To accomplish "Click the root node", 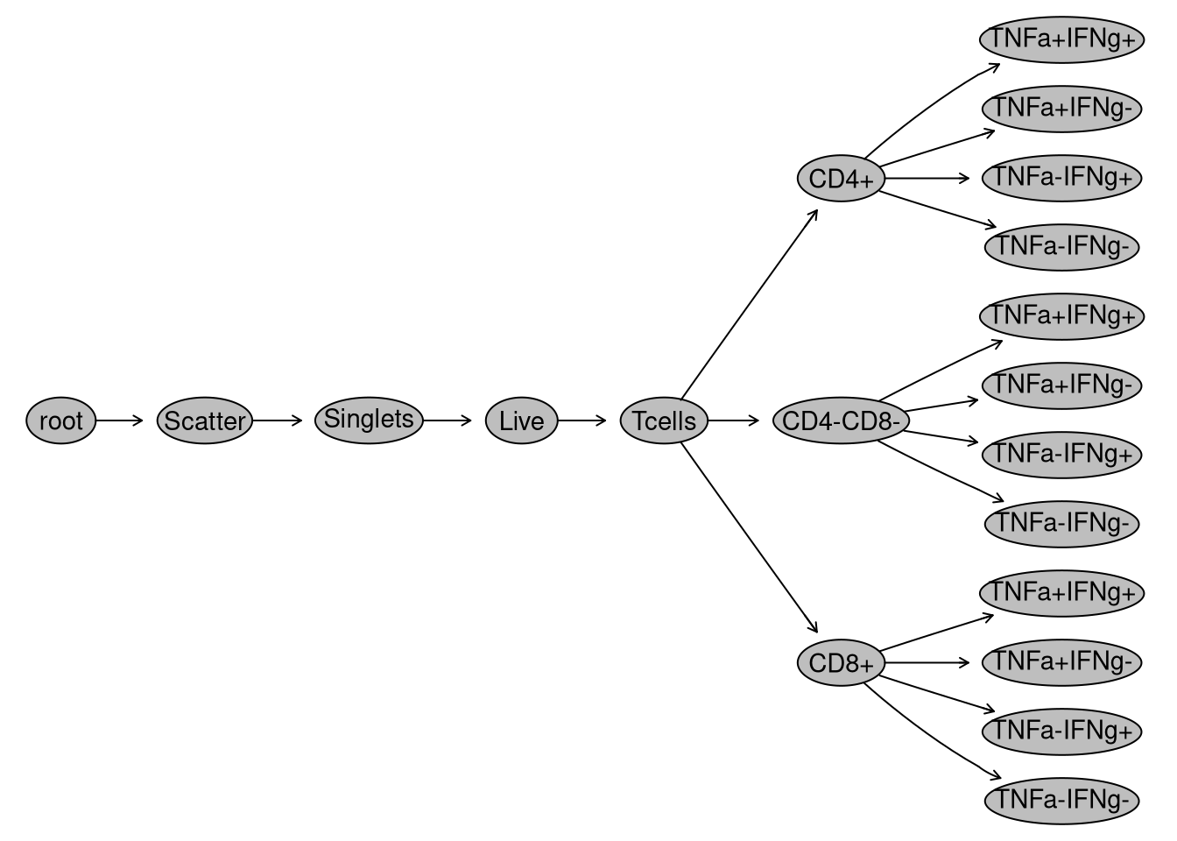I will (60, 420).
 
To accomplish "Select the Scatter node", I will (205, 420).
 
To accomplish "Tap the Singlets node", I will (369, 420).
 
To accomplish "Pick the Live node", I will (521, 420).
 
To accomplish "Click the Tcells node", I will (664, 420).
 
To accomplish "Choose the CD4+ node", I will (841, 179).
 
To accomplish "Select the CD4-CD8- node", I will (841, 420).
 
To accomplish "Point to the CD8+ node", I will (841, 663).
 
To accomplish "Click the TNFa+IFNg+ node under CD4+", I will (1061, 39).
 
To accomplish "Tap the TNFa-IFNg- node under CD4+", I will (1061, 247).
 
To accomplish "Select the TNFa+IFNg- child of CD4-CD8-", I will (1061, 385).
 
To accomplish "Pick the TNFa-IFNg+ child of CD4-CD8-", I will (1061, 454).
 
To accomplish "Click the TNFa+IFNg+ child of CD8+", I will (1061, 592).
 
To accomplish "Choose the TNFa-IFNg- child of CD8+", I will (1061, 800).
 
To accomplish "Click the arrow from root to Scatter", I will (118, 420).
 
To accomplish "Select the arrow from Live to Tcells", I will (581, 420).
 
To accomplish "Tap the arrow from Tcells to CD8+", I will (749, 538).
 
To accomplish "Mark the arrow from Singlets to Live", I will (448, 420).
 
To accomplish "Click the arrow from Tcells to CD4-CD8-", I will (733, 420).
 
